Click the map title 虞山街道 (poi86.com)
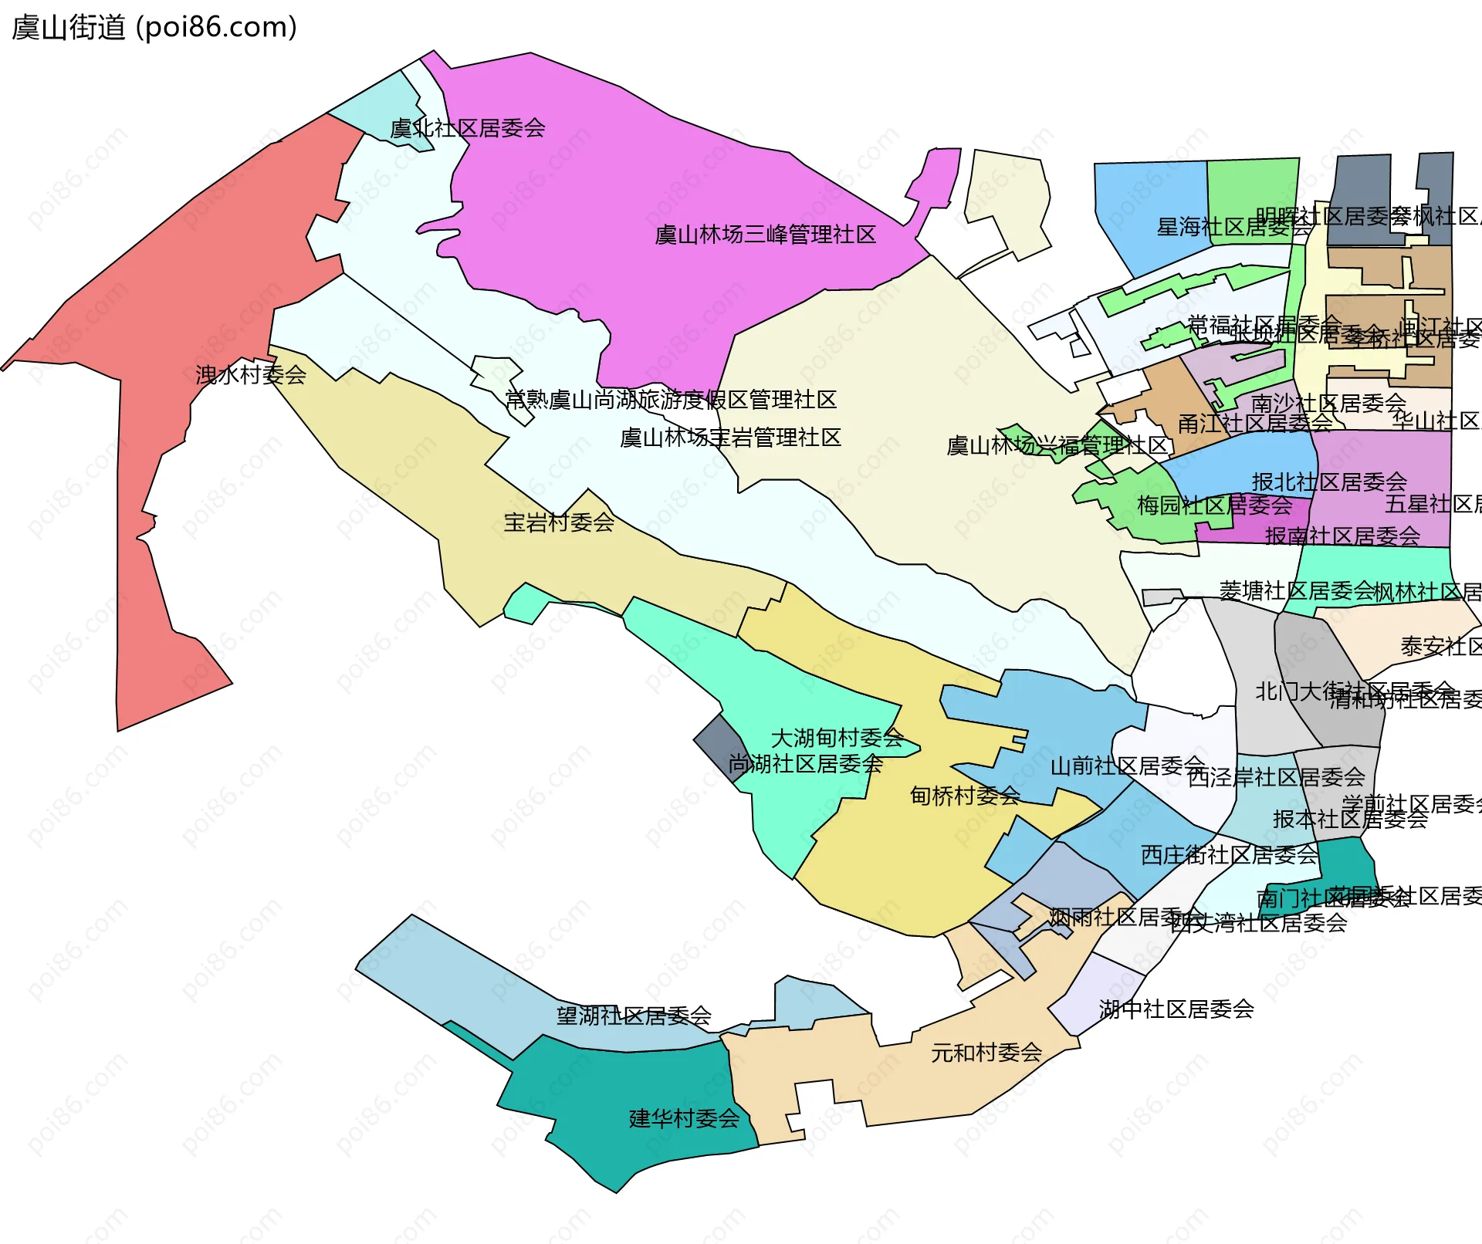[x=154, y=28]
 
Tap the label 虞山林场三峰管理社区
[x=765, y=235]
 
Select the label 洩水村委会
[x=251, y=375]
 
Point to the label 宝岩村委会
[x=559, y=522]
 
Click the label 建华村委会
[x=684, y=1118]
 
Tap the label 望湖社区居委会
[x=634, y=1016]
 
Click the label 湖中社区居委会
[x=1176, y=1009]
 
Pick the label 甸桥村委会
[x=965, y=796]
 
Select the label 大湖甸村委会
[x=837, y=738]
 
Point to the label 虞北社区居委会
[x=468, y=128]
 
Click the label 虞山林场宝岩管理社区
[x=730, y=438]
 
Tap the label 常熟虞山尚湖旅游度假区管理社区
[x=670, y=400]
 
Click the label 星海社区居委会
[x=1233, y=227]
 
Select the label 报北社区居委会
[x=1329, y=482]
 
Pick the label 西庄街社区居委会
[x=1229, y=855]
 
